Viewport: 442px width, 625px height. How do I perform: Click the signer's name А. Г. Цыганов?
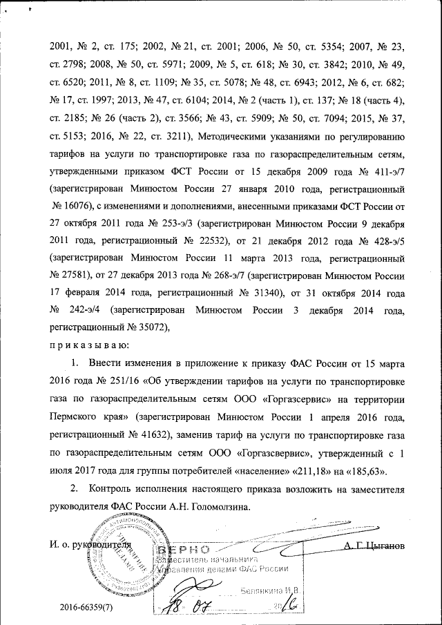[x=373, y=545]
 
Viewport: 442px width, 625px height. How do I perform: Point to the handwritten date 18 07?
[x=189, y=609]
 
